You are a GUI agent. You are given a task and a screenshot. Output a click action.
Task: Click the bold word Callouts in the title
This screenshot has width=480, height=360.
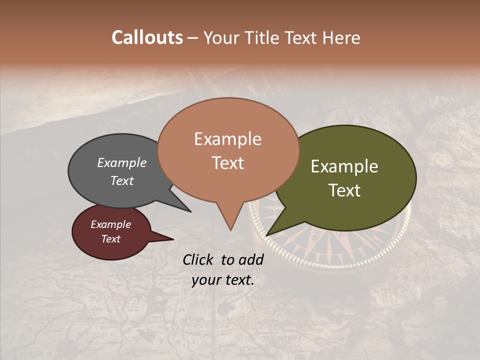coord(147,37)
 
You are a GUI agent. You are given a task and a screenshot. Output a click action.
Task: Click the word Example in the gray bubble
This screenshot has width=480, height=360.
coord(121,162)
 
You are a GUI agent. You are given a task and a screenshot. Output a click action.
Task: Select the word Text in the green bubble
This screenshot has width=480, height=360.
coord(344,190)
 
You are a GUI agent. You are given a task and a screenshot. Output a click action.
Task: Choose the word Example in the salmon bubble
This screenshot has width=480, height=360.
coord(227,139)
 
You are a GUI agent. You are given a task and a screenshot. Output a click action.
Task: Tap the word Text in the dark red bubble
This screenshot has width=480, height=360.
coord(110,239)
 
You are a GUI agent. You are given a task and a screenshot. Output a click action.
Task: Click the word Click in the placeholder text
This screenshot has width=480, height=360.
coord(198,259)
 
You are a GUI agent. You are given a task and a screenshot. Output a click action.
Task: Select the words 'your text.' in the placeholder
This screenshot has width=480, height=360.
coord(222,280)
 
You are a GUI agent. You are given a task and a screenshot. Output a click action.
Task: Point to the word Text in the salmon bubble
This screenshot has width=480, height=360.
coord(227,163)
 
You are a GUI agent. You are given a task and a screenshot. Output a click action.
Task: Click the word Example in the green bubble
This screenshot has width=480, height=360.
coord(344,166)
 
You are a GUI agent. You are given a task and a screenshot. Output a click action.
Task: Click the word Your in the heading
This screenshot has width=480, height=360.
coord(220,37)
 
